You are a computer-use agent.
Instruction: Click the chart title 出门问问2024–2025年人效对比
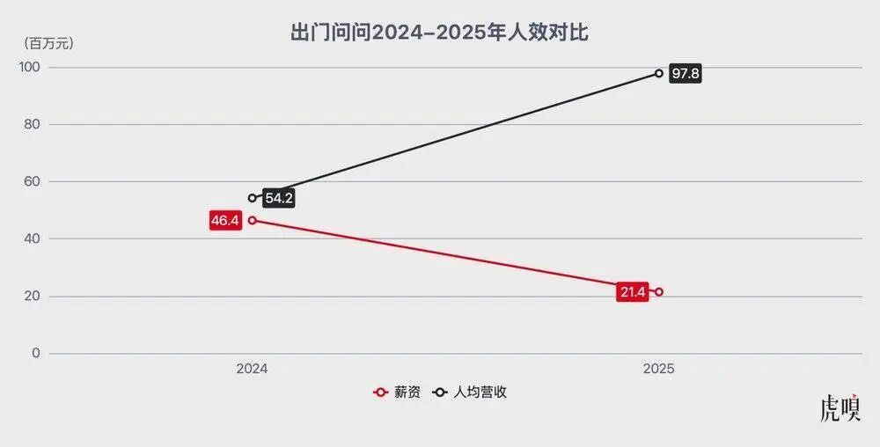click(439, 33)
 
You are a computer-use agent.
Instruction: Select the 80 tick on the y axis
click(32, 125)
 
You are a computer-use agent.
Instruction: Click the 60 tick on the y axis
click(32, 182)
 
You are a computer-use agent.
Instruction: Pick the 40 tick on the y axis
click(32, 239)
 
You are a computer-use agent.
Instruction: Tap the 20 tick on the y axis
click(32, 297)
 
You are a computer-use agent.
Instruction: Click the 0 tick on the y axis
click(35, 354)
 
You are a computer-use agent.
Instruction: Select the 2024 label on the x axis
click(252, 370)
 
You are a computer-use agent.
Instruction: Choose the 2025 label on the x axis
click(658, 370)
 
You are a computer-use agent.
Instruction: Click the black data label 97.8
click(685, 74)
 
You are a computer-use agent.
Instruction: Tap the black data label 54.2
click(278, 199)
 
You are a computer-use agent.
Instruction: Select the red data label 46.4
click(224, 220)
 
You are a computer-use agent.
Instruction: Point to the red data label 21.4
click(632, 292)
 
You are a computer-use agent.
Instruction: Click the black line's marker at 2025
click(659, 73)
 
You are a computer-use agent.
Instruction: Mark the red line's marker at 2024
click(253, 220)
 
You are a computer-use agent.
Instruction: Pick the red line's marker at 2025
click(659, 292)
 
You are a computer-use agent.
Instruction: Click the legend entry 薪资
click(398, 392)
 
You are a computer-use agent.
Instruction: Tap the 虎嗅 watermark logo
click(840, 410)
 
